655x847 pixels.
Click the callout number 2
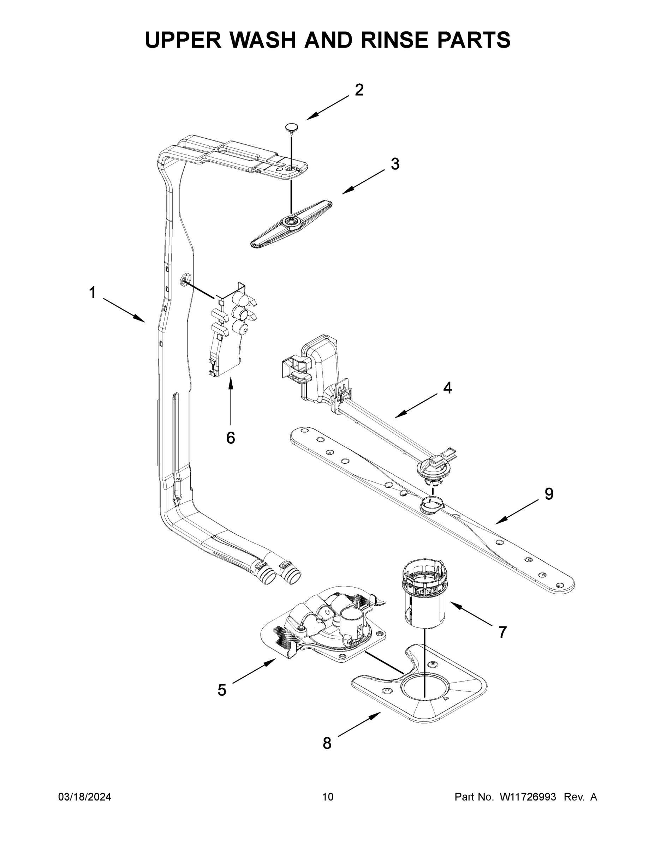[359, 90]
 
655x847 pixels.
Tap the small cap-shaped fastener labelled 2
[291, 127]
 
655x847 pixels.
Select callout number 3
[395, 164]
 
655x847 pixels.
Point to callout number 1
[93, 293]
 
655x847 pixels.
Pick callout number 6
[231, 438]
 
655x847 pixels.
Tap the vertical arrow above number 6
[231, 401]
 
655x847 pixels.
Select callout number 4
[447, 388]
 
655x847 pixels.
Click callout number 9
[549, 494]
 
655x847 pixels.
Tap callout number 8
[327, 744]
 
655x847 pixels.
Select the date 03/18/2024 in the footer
[85, 797]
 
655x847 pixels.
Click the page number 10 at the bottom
[328, 797]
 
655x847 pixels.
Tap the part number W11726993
[528, 797]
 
